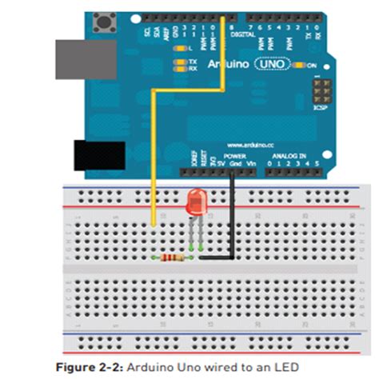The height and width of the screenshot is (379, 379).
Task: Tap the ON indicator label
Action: click(313, 66)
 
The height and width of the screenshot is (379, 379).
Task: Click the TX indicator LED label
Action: click(192, 62)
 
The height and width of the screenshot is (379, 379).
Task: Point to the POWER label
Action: click(235, 156)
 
